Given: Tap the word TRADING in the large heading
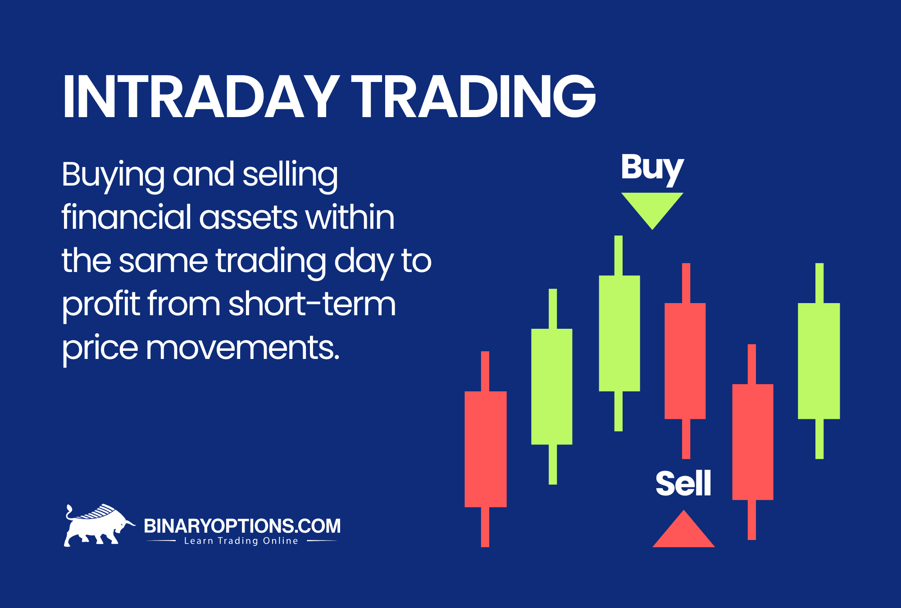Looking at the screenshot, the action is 473,96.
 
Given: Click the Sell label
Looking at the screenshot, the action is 683,483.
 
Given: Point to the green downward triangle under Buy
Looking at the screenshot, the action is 652,207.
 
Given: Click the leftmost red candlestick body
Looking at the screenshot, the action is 486,449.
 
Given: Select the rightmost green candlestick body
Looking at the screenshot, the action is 819,361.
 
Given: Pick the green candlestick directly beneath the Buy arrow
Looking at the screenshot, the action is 619,333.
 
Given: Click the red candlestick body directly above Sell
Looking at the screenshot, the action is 685,361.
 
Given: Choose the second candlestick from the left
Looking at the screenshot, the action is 552,386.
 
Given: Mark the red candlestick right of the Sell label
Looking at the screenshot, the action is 753,442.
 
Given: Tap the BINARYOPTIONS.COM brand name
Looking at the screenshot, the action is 242,526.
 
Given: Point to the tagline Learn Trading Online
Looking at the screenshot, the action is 241,541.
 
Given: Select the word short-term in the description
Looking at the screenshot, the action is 312,304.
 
